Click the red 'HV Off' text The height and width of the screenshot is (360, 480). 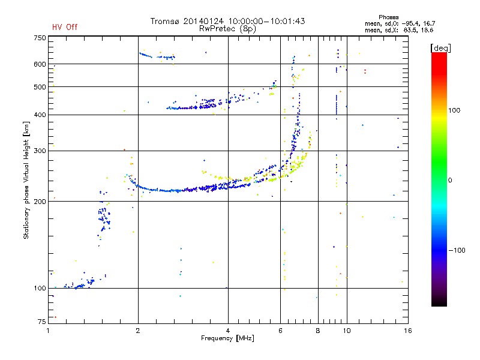coord(65,27)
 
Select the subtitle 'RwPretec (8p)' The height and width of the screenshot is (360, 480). coord(227,29)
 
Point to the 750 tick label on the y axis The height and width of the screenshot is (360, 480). coord(40,38)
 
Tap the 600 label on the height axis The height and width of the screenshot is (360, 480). coord(40,64)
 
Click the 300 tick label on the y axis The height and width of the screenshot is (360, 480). coord(40,151)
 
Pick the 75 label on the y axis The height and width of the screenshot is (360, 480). coord(42,322)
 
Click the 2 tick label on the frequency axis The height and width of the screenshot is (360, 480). coord(138,331)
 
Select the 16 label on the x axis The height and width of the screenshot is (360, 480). coord(408,331)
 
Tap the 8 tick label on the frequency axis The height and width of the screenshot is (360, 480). coord(318,331)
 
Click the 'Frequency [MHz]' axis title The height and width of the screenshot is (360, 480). coord(227,338)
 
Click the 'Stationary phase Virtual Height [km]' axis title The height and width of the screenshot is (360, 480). coord(26,180)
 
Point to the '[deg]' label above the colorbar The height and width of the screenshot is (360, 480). coord(440,48)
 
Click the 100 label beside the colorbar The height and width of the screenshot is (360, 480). coord(454,110)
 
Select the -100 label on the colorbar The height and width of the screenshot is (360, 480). coord(457,250)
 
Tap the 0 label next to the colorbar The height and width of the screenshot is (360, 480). coord(450,181)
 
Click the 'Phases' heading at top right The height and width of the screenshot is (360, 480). coord(388,17)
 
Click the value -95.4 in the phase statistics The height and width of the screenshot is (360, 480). coord(411,23)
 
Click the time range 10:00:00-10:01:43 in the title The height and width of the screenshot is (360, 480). coord(266,21)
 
